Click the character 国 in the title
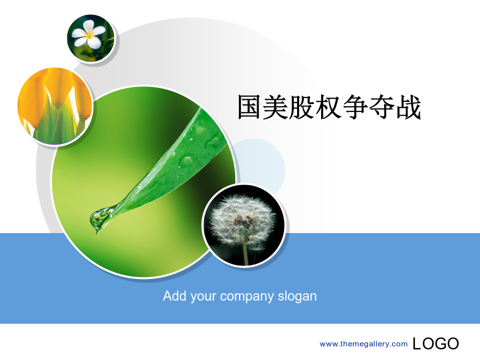(250, 107)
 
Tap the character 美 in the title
(276, 107)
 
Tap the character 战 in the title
(409, 107)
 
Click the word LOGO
(436, 343)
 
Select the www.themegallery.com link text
(364, 344)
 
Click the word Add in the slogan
(174, 296)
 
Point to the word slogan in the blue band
(297, 297)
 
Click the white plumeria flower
(88, 34)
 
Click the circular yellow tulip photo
(55, 106)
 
